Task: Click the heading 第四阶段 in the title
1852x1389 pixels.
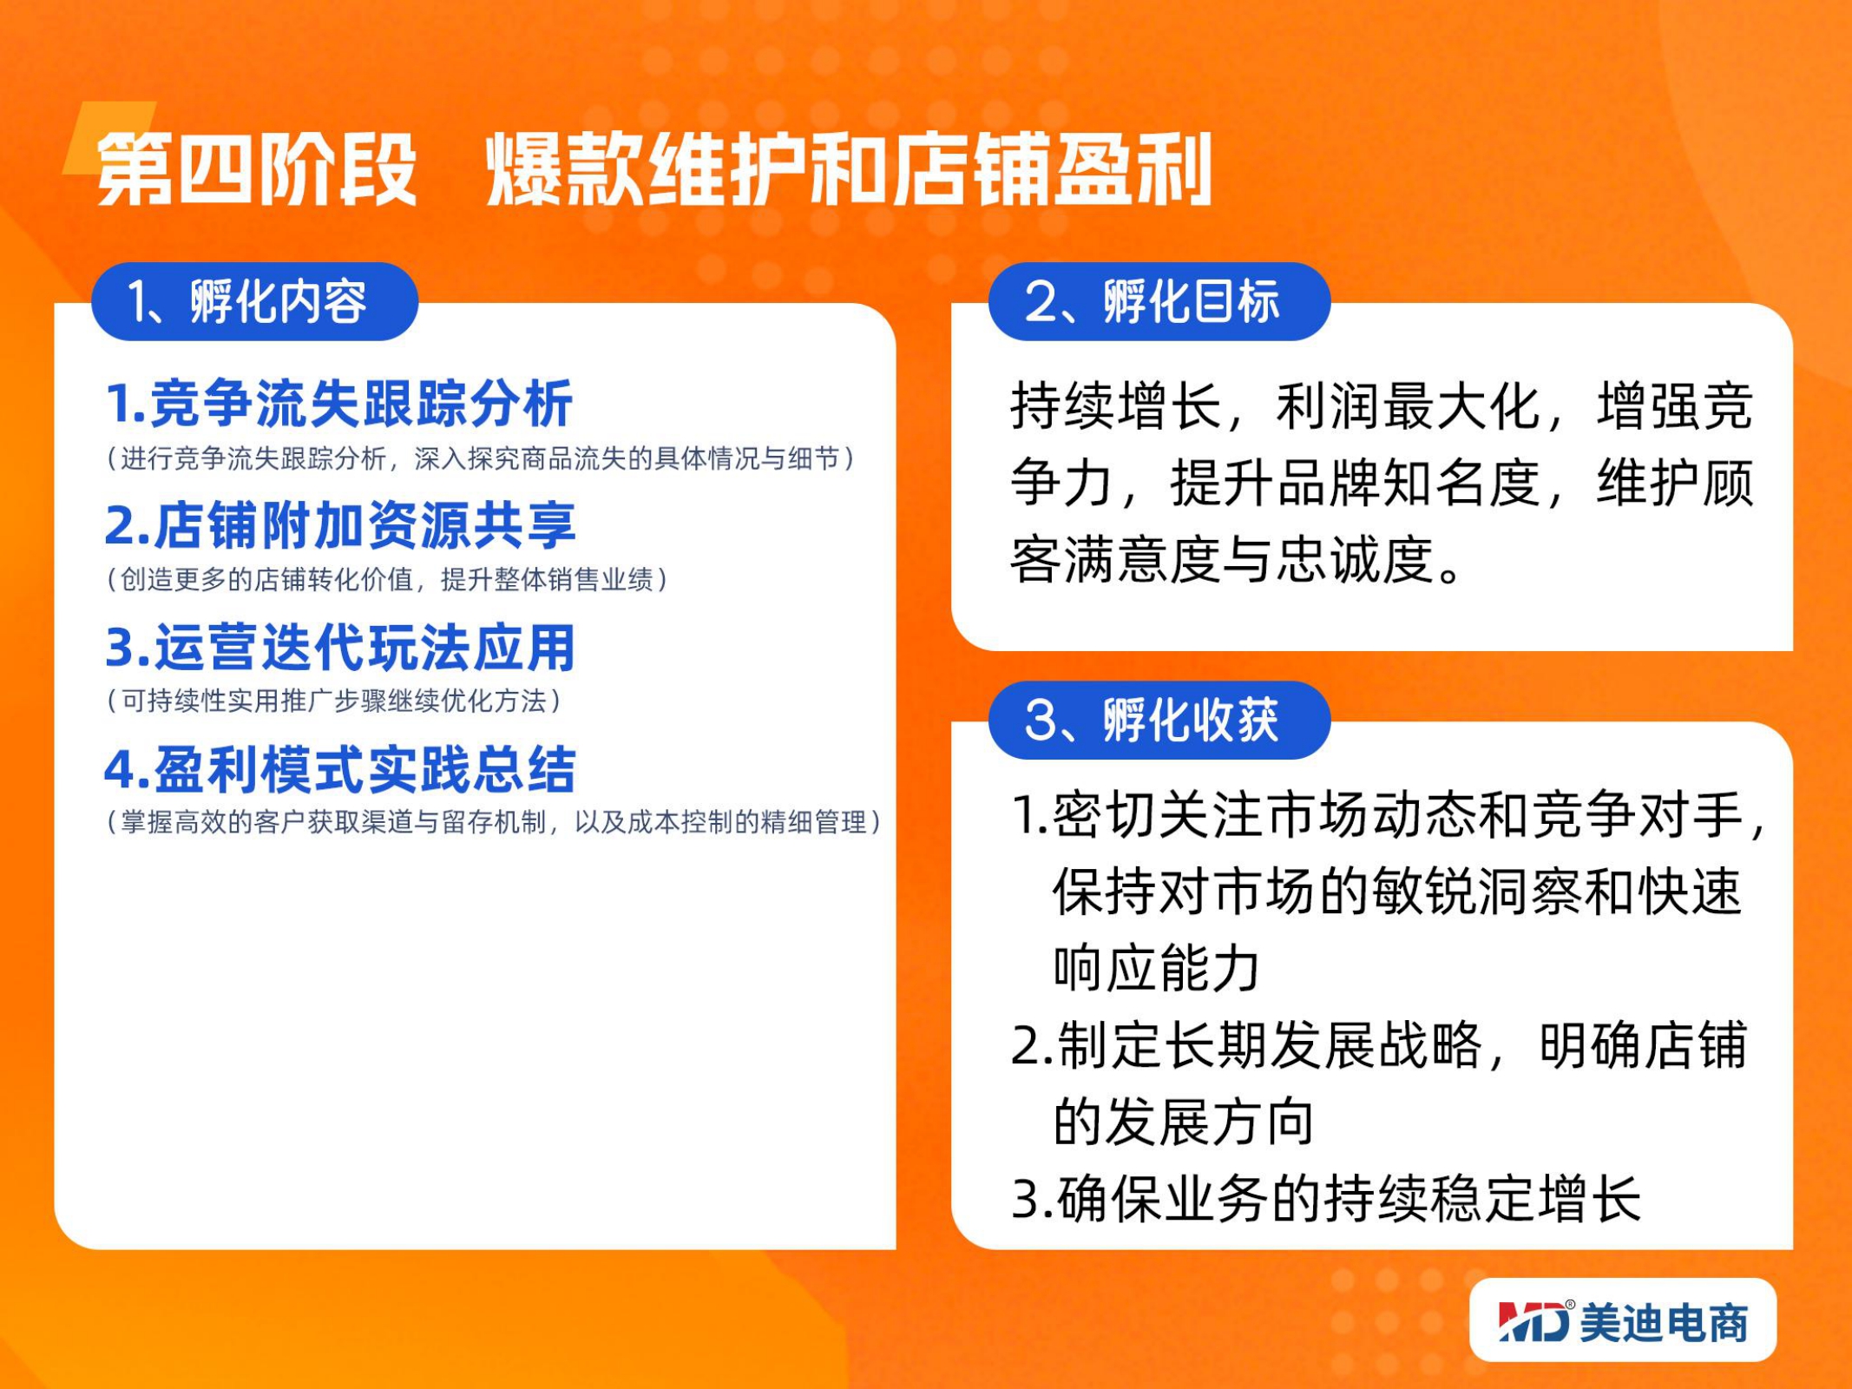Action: (257, 169)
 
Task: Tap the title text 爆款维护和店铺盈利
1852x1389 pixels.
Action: (849, 169)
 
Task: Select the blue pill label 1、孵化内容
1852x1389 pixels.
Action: (255, 301)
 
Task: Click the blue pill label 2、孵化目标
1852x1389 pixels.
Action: (1159, 301)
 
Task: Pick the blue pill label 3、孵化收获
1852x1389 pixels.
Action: (1159, 720)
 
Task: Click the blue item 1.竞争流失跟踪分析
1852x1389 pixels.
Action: (338, 404)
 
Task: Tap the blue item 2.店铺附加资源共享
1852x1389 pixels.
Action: (340, 525)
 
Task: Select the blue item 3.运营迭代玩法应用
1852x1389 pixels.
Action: (340, 648)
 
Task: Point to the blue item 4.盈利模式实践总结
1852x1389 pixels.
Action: (340, 769)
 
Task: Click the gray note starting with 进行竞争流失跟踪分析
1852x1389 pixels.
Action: (481, 458)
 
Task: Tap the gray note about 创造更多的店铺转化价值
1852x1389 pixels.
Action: (387, 579)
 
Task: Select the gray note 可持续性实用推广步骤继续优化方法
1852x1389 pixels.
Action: (334, 701)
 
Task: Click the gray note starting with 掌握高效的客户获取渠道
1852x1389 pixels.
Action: (494, 821)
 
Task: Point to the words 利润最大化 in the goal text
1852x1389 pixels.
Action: (1408, 405)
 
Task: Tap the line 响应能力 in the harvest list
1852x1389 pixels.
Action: (1156, 968)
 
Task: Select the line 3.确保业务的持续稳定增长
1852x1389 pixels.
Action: (1326, 1199)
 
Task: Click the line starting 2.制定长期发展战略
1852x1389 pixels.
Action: (1379, 1044)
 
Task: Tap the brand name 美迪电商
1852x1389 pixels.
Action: (1664, 1322)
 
